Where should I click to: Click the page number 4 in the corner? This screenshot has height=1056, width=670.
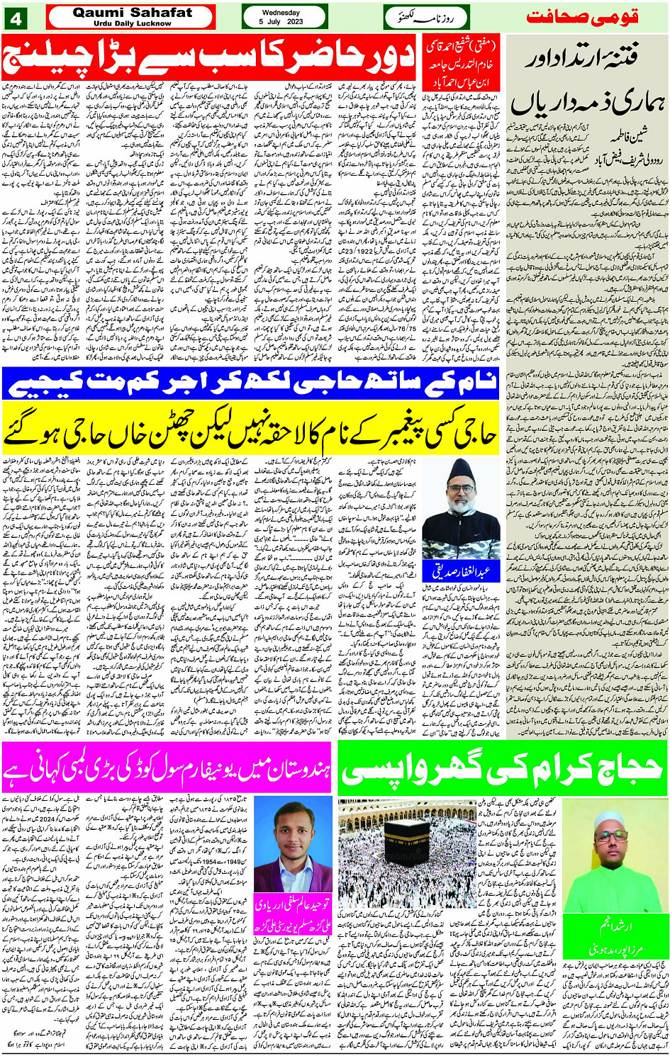pos(16,18)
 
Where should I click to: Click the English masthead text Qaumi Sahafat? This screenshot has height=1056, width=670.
pos(132,12)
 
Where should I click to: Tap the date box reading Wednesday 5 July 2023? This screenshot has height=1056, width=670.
pos(284,17)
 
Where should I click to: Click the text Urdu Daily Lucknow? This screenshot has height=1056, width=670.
pos(132,23)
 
